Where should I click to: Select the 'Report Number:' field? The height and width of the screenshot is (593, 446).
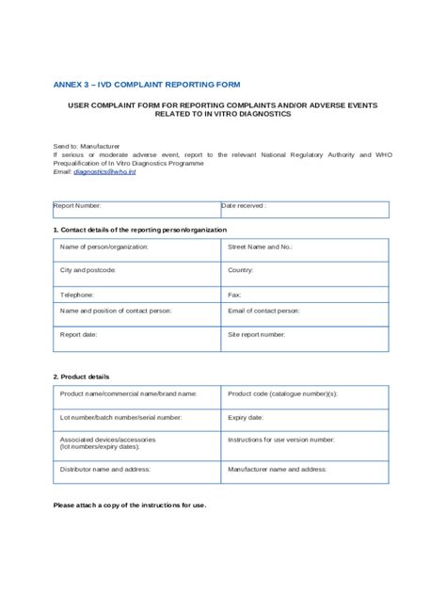pyautogui.click(x=135, y=209)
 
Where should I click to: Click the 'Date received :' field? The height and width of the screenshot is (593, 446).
pyautogui.click(x=303, y=209)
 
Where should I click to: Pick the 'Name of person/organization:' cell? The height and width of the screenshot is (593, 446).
pyautogui.click(x=137, y=249)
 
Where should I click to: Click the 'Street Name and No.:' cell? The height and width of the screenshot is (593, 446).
pyautogui.click(x=304, y=249)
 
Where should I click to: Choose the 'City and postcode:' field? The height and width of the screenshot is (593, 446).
pyautogui.click(x=137, y=273)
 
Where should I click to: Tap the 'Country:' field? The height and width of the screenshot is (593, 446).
pyautogui.click(x=304, y=273)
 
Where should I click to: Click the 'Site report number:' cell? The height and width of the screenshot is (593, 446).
pyautogui.click(x=304, y=338)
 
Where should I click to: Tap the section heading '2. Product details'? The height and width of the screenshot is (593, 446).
pyautogui.click(x=81, y=377)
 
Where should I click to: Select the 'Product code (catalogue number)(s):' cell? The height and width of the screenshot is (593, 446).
pyautogui.click(x=304, y=396)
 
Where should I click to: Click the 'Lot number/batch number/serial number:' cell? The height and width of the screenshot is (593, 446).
pyautogui.click(x=137, y=419)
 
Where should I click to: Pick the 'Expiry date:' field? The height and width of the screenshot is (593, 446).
pyautogui.click(x=304, y=419)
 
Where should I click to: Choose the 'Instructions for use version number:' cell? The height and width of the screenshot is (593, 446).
pyautogui.click(x=304, y=444)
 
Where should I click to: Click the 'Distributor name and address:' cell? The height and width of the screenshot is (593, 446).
pyautogui.click(x=137, y=471)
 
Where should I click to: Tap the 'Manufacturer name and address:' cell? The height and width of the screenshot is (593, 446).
pyautogui.click(x=304, y=471)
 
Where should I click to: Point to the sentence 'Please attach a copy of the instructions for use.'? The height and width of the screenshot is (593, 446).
pyautogui.click(x=130, y=505)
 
